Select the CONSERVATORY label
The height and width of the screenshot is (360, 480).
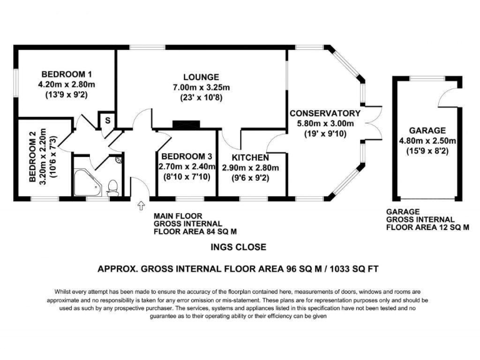click(x=324, y=114)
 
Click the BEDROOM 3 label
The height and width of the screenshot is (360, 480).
click(x=182, y=156)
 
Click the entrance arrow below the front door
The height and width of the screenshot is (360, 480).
click(x=139, y=205)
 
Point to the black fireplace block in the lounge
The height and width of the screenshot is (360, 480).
click(x=186, y=125)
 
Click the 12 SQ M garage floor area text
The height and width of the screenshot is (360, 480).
click(x=447, y=228)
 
